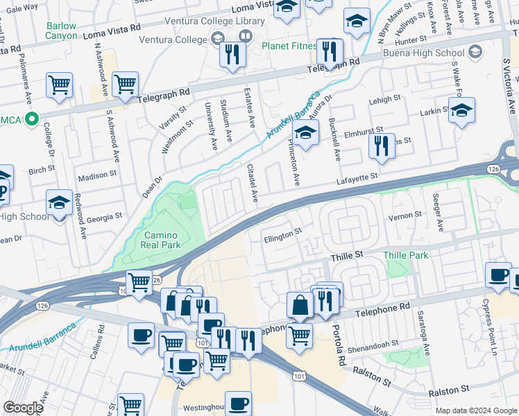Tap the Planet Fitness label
[289, 46]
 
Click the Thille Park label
[406, 255]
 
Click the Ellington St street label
[284, 236]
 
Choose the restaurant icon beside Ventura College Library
[233, 54]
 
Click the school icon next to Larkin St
[461, 110]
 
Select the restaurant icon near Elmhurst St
[381, 146]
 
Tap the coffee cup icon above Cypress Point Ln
[498, 275]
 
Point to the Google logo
[23, 408]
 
